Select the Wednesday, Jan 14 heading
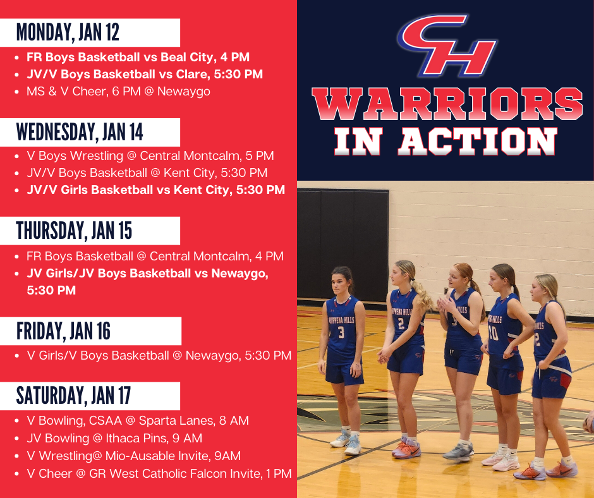coord(80,131)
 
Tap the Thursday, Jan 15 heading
coord(74,231)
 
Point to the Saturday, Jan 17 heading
coord(73,395)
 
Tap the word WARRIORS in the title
coord(446,105)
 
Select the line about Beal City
coord(138,57)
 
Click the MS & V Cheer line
coord(118,91)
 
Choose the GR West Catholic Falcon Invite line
coord(159,473)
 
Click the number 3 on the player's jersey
coord(341,332)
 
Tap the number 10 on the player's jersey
coord(494,332)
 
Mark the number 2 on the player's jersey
coord(401,324)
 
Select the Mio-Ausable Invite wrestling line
coord(133,455)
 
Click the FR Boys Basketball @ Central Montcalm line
coord(155,257)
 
